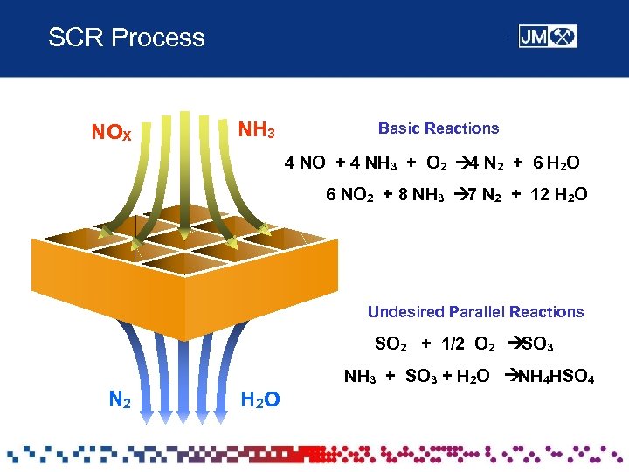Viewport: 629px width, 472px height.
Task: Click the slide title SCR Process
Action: [x=127, y=38]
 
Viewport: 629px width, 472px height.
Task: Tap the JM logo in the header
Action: [x=547, y=37]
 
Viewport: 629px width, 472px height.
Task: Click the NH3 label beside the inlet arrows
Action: [x=258, y=131]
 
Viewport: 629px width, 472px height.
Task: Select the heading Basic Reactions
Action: [x=438, y=128]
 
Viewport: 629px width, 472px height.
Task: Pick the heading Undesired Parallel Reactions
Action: [x=475, y=312]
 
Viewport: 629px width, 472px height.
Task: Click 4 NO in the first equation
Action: [x=305, y=163]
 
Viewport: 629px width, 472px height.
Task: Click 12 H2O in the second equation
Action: [x=559, y=194]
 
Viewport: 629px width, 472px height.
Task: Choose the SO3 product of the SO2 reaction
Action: [x=535, y=344]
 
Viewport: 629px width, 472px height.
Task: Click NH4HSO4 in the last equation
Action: [x=556, y=378]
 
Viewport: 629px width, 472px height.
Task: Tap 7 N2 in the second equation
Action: [x=477, y=194]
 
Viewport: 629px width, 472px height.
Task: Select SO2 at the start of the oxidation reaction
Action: [x=390, y=344]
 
